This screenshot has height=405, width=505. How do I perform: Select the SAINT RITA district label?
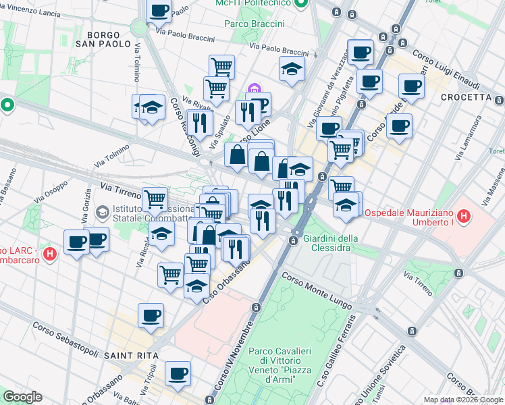pos(132,355)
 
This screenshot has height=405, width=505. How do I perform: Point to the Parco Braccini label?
pos(255,24)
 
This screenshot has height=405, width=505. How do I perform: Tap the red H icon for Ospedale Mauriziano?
pos(463,217)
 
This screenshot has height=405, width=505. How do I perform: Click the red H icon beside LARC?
pos(49,254)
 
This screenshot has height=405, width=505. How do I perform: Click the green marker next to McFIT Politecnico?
pos(302,3)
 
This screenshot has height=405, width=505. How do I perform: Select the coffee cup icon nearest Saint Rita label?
pos(151,315)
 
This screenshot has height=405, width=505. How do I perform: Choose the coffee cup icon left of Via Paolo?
pos(159,10)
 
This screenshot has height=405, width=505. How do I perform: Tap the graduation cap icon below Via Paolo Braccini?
pos(292,69)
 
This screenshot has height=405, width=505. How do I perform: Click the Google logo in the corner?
pos(22,397)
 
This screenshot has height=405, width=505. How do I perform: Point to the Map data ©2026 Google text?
pos(462,400)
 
